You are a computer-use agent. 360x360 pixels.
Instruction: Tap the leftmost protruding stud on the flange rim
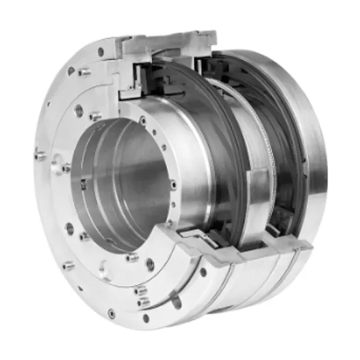tap(40, 156)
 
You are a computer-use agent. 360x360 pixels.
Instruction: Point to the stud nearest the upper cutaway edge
tap(83, 71)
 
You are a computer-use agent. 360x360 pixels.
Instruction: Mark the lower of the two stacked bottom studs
tap(142, 302)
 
